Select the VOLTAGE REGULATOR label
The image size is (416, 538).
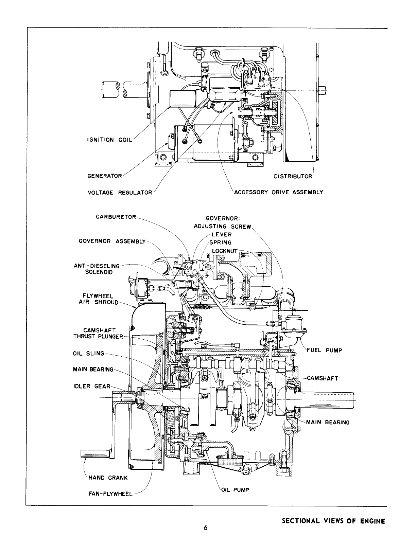coord(120,193)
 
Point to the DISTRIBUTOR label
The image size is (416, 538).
coord(293,176)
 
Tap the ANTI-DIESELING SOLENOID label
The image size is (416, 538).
coord(97,269)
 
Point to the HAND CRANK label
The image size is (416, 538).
coord(108,478)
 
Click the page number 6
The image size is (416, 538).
coord(206,527)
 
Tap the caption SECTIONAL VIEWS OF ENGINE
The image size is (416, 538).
coord(333,521)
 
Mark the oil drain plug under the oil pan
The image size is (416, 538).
coord(245,472)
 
